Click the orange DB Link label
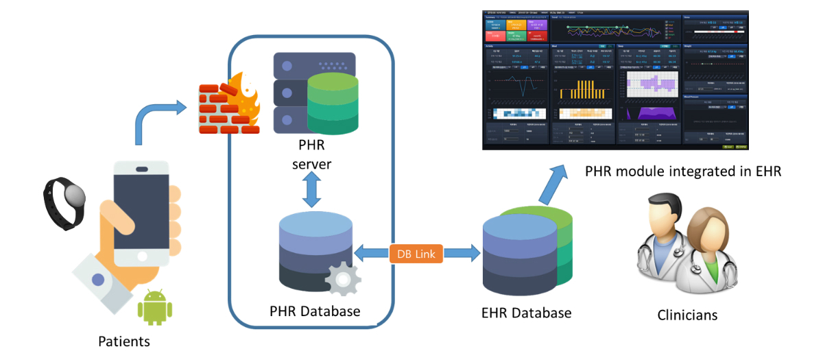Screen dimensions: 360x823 416,253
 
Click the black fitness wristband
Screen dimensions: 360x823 66,202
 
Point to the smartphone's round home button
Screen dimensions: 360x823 141,256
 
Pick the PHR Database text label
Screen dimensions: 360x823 315,311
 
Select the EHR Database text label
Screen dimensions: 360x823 526,313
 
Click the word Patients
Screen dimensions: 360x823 124,341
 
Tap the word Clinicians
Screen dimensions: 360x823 687,315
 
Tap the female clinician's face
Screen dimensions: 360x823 708,228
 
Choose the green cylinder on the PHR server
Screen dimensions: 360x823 333,103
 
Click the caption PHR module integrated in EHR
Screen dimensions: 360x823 683,171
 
